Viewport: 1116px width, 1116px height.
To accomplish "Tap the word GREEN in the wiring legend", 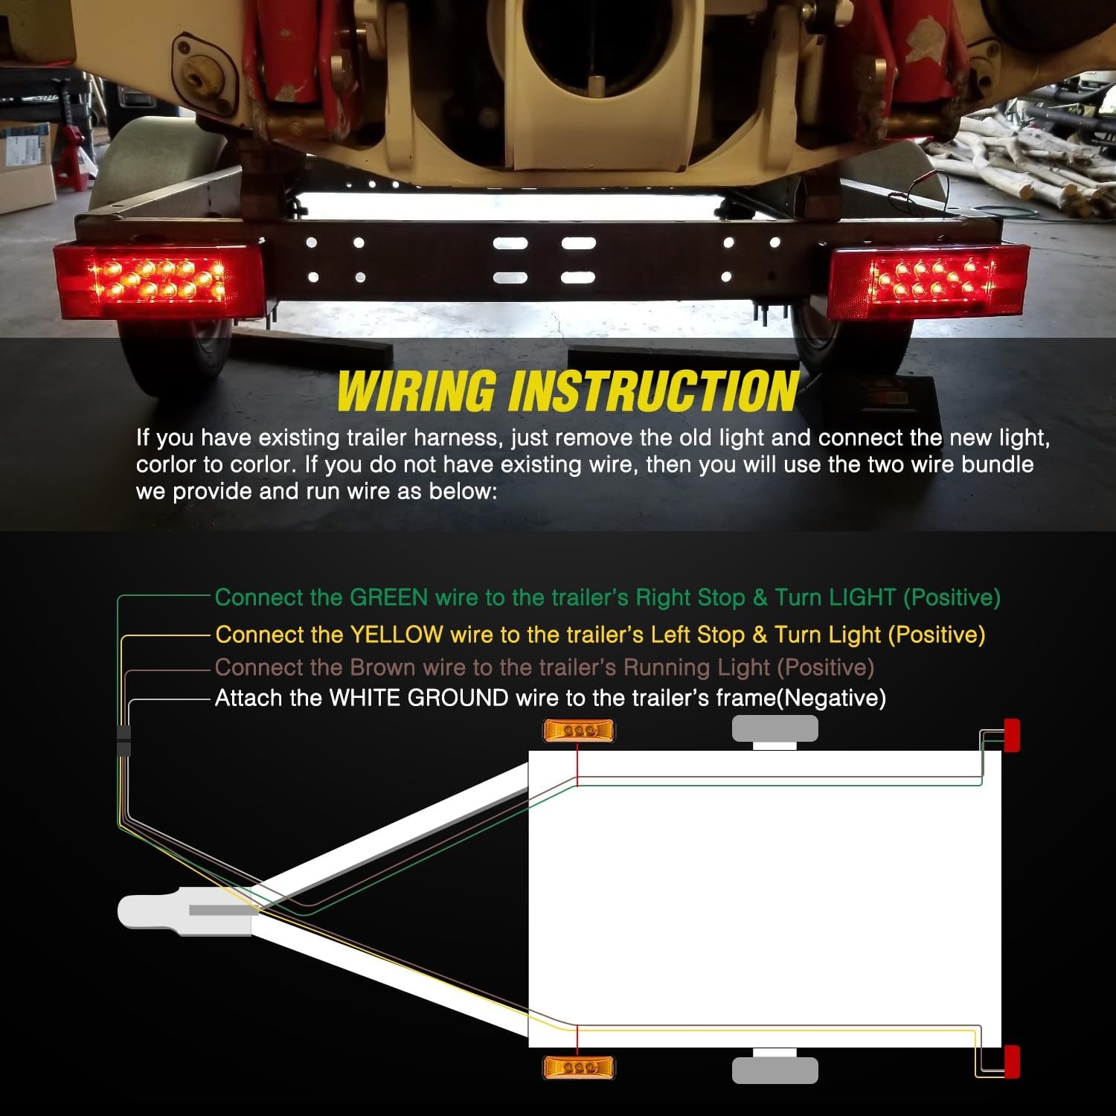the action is [388, 597].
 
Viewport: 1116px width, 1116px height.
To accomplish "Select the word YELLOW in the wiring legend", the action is [396, 635].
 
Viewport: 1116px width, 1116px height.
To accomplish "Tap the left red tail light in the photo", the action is [158, 279].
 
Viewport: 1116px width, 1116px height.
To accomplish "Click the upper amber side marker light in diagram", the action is [580, 731].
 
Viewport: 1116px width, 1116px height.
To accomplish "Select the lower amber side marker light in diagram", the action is [580, 1067].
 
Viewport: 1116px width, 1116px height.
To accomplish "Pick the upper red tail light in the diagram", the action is [1012, 735].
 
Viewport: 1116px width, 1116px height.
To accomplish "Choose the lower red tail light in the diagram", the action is [1012, 1062].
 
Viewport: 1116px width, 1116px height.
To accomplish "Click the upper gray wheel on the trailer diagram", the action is [775, 729].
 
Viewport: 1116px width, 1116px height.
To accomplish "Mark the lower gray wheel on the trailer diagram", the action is [775, 1070].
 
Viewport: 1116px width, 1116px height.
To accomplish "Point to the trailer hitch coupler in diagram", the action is [185, 911].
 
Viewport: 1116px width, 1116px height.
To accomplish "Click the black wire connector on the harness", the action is [124, 740].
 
